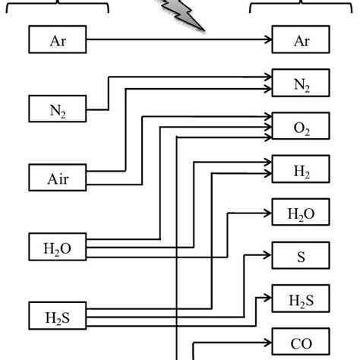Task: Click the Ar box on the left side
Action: pos(58,40)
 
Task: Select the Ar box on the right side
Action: pos(302,40)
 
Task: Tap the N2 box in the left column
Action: pos(58,109)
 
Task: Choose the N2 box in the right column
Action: pos(302,83)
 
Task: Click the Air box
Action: pos(58,178)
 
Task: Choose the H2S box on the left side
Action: pos(58,315)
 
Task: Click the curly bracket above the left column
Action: pos(58,6)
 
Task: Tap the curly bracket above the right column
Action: pos(302,6)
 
